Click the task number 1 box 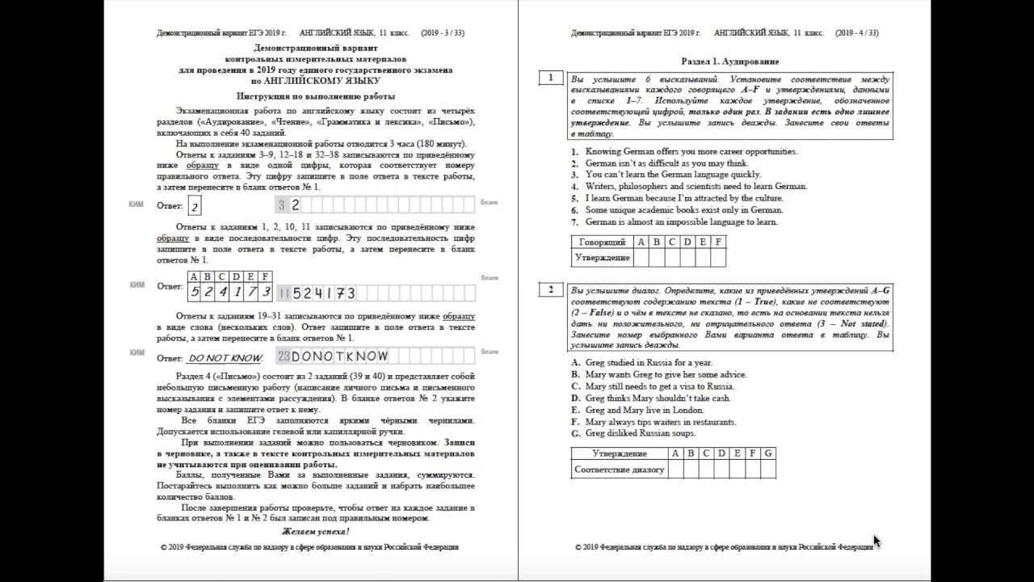tap(550, 78)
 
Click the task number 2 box tap(550, 290)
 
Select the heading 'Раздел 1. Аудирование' tap(729, 61)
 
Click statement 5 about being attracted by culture tap(674, 198)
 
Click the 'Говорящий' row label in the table tap(602, 242)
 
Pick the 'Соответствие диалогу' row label tap(619, 470)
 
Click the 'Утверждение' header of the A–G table tap(619, 453)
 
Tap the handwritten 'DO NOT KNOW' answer tap(225, 357)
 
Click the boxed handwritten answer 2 tap(195, 207)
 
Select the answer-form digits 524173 tap(324, 293)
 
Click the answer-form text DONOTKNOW tap(339, 356)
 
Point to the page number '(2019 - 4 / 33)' tap(857, 33)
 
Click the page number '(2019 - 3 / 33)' tap(442, 33)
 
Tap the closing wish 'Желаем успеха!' tap(315, 531)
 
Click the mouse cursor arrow tap(876, 540)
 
